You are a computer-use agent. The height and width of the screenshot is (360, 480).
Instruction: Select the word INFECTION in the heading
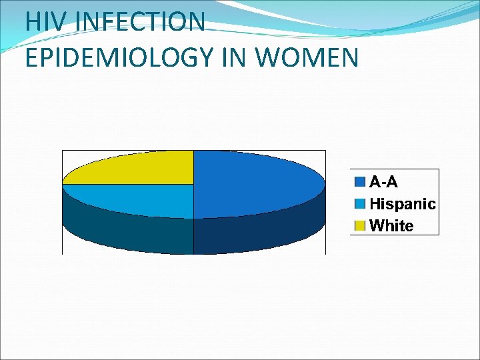(141, 22)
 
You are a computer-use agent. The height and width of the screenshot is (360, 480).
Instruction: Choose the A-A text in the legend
(383, 181)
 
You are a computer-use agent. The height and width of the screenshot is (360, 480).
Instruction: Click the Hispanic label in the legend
(402, 204)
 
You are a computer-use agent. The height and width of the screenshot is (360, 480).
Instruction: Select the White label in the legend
(391, 226)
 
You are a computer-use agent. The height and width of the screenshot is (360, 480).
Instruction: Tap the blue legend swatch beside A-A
(360, 181)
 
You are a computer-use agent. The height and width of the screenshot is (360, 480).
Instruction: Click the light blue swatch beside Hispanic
(360, 204)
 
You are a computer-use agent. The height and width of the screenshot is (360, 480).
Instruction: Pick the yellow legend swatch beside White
(360, 226)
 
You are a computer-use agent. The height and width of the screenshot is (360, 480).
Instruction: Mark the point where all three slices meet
(193, 184)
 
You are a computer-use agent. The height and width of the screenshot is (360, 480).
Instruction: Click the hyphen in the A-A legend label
(383, 182)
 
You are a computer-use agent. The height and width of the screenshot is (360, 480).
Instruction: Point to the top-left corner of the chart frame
(62, 151)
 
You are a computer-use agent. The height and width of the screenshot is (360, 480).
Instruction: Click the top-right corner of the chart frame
(326, 151)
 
